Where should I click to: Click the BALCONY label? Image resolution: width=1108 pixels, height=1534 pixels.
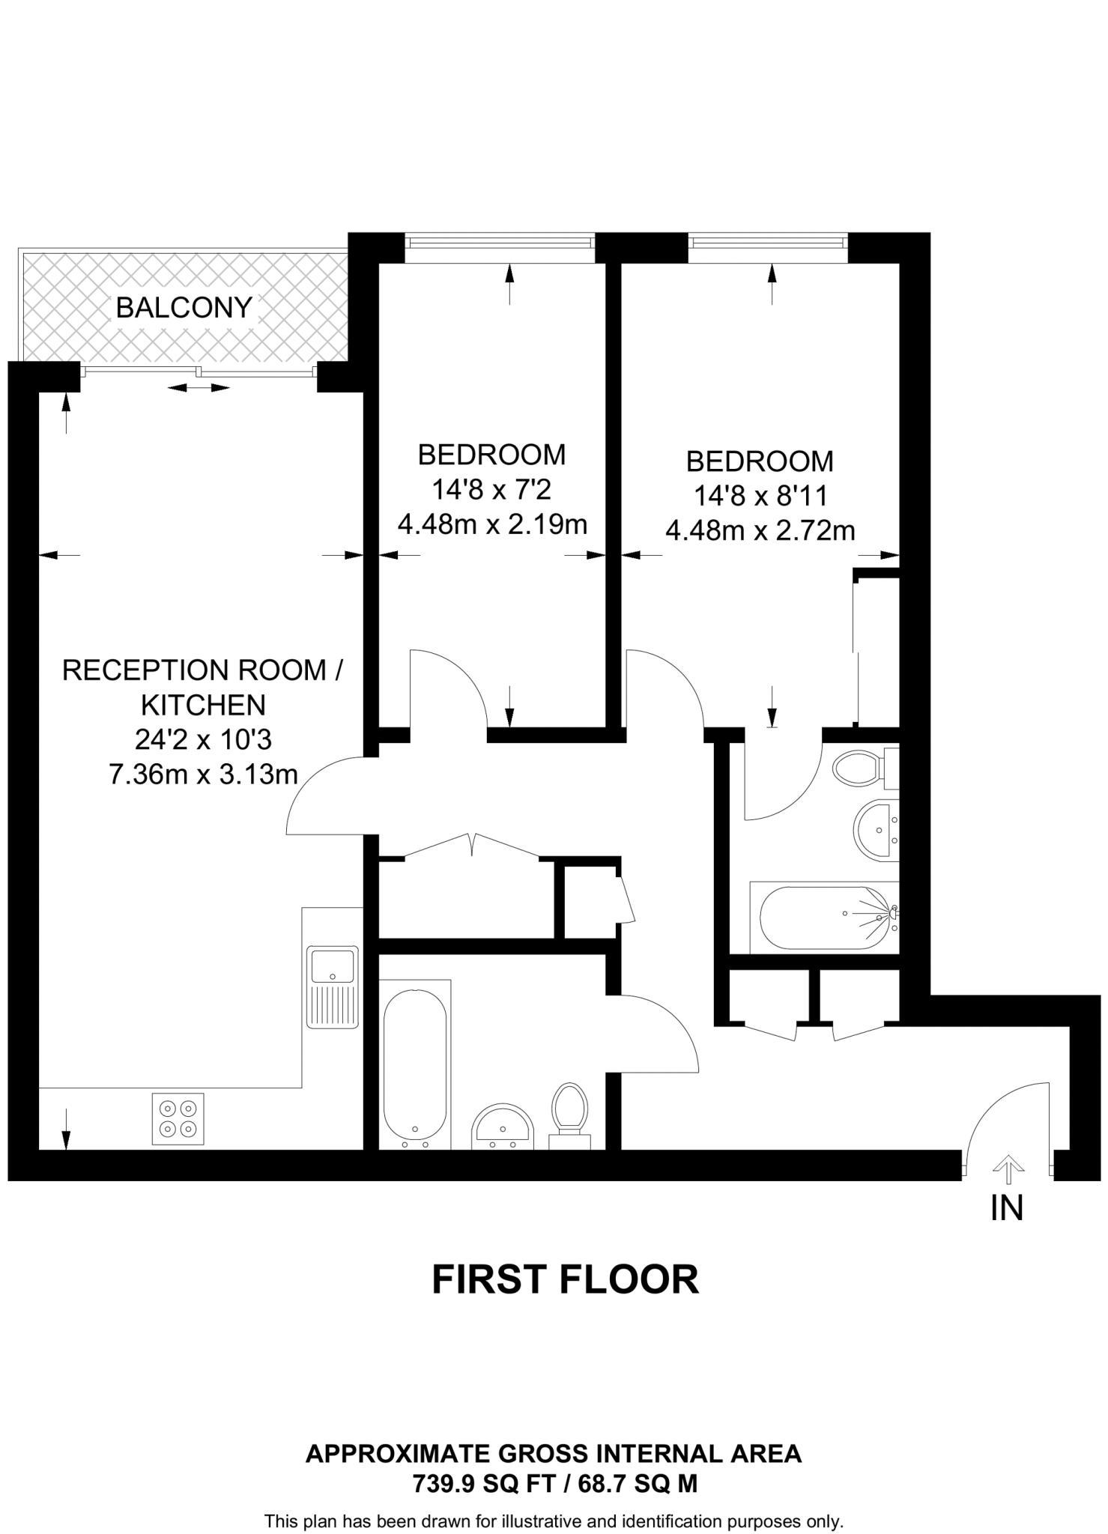click(x=184, y=307)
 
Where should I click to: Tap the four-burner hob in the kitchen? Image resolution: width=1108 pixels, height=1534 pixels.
click(x=178, y=1119)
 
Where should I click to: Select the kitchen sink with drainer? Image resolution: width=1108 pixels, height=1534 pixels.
click(x=333, y=986)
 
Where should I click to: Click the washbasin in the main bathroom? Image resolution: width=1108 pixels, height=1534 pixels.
click(x=503, y=1125)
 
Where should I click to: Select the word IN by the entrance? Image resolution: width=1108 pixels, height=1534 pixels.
click(x=1007, y=1207)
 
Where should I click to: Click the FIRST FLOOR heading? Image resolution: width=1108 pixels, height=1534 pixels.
click(x=566, y=1279)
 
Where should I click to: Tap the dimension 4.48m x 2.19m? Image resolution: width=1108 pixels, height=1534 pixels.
click(x=492, y=524)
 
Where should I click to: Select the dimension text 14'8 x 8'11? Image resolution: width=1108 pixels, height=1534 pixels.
click(x=760, y=496)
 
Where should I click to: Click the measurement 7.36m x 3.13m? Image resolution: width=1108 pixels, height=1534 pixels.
click(x=204, y=774)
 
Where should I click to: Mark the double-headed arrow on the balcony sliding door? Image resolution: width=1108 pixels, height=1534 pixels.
click(x=199, y=387)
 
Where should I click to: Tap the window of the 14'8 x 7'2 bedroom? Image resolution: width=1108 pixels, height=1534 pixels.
click(x=499, y=242)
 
